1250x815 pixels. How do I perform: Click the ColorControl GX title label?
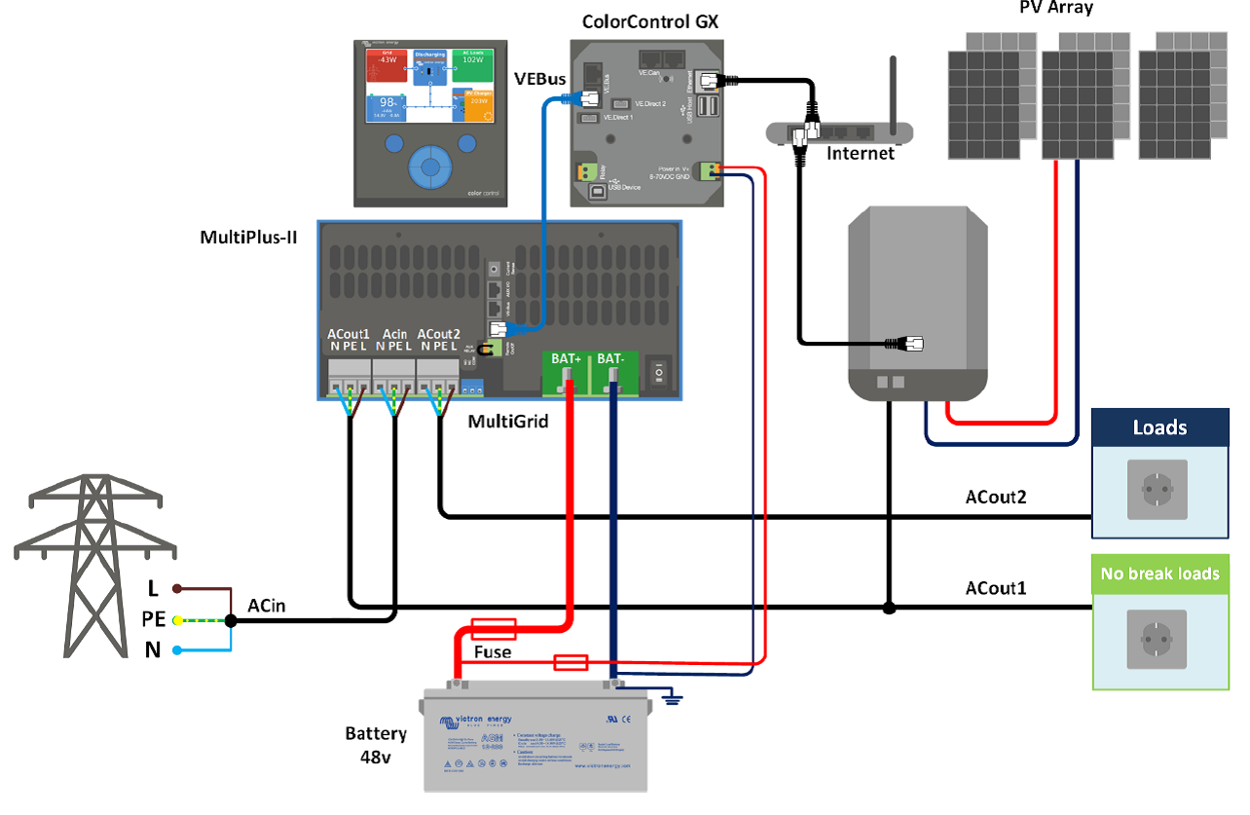point(649,21)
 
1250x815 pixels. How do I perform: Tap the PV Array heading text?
point(1055,9)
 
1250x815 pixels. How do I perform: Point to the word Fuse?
point(492,651)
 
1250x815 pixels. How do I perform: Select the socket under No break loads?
point(1157,640)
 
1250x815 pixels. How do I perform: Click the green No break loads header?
point(1159,574)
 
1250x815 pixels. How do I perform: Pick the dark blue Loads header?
point(1159,427)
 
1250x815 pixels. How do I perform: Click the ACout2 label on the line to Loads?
point(996,498)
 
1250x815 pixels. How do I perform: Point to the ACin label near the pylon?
point(267,607)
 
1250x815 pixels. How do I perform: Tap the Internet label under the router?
point(860,153)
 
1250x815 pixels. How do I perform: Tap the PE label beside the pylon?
point(153,619)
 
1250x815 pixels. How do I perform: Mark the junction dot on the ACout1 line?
point(888,609)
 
